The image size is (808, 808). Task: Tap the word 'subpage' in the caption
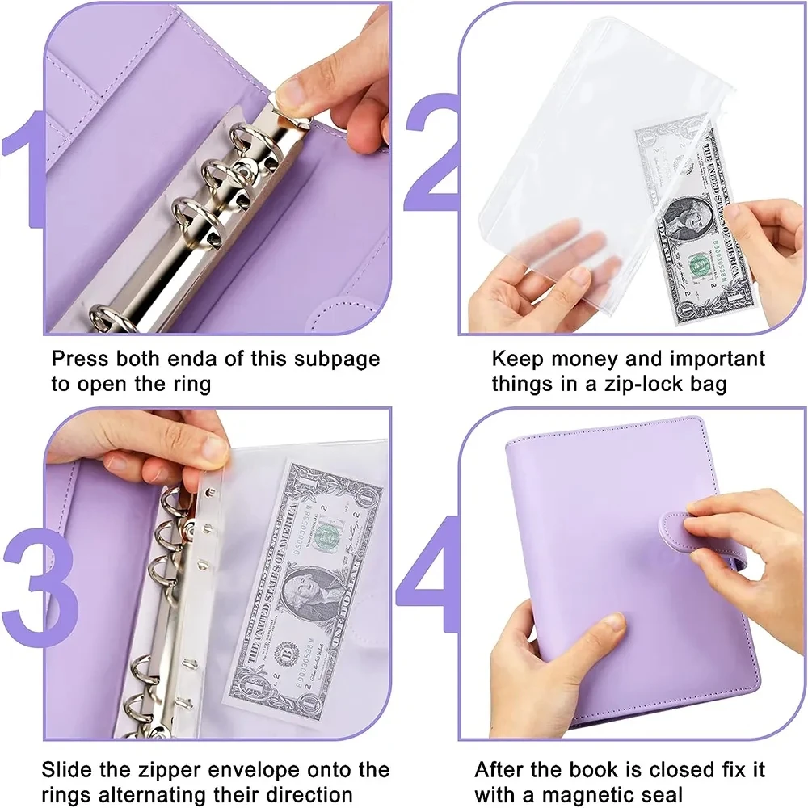pyautogui.click(x=337, y=360)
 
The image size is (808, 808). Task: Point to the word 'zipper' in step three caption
pyautogui.click(x=169, y=771)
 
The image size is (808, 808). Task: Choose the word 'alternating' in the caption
pyautogui.click(x=155, y=794)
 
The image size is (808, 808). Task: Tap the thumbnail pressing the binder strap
pyautogui.click(x=698, y=526)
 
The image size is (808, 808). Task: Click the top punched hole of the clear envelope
pyautogui.click(x=209, y=492)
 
